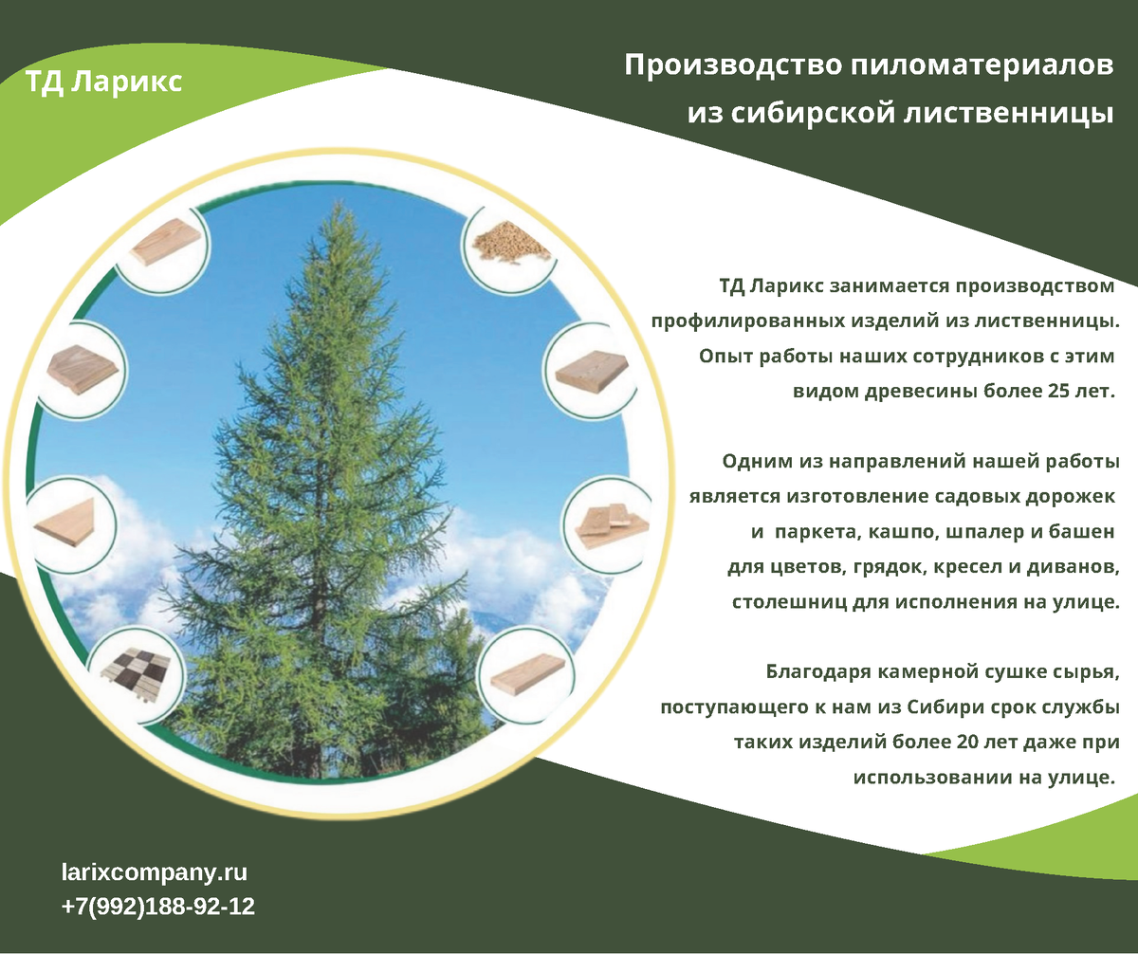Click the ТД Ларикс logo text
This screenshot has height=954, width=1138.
coord(103,83)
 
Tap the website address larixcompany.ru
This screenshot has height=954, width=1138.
coord(155,872)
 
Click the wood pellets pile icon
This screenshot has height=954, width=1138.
coord(510,245)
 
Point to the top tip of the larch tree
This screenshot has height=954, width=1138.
coord(339,202)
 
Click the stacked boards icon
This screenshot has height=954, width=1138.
coord(612,525)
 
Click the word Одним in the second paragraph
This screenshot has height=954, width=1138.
coord(758,462)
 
